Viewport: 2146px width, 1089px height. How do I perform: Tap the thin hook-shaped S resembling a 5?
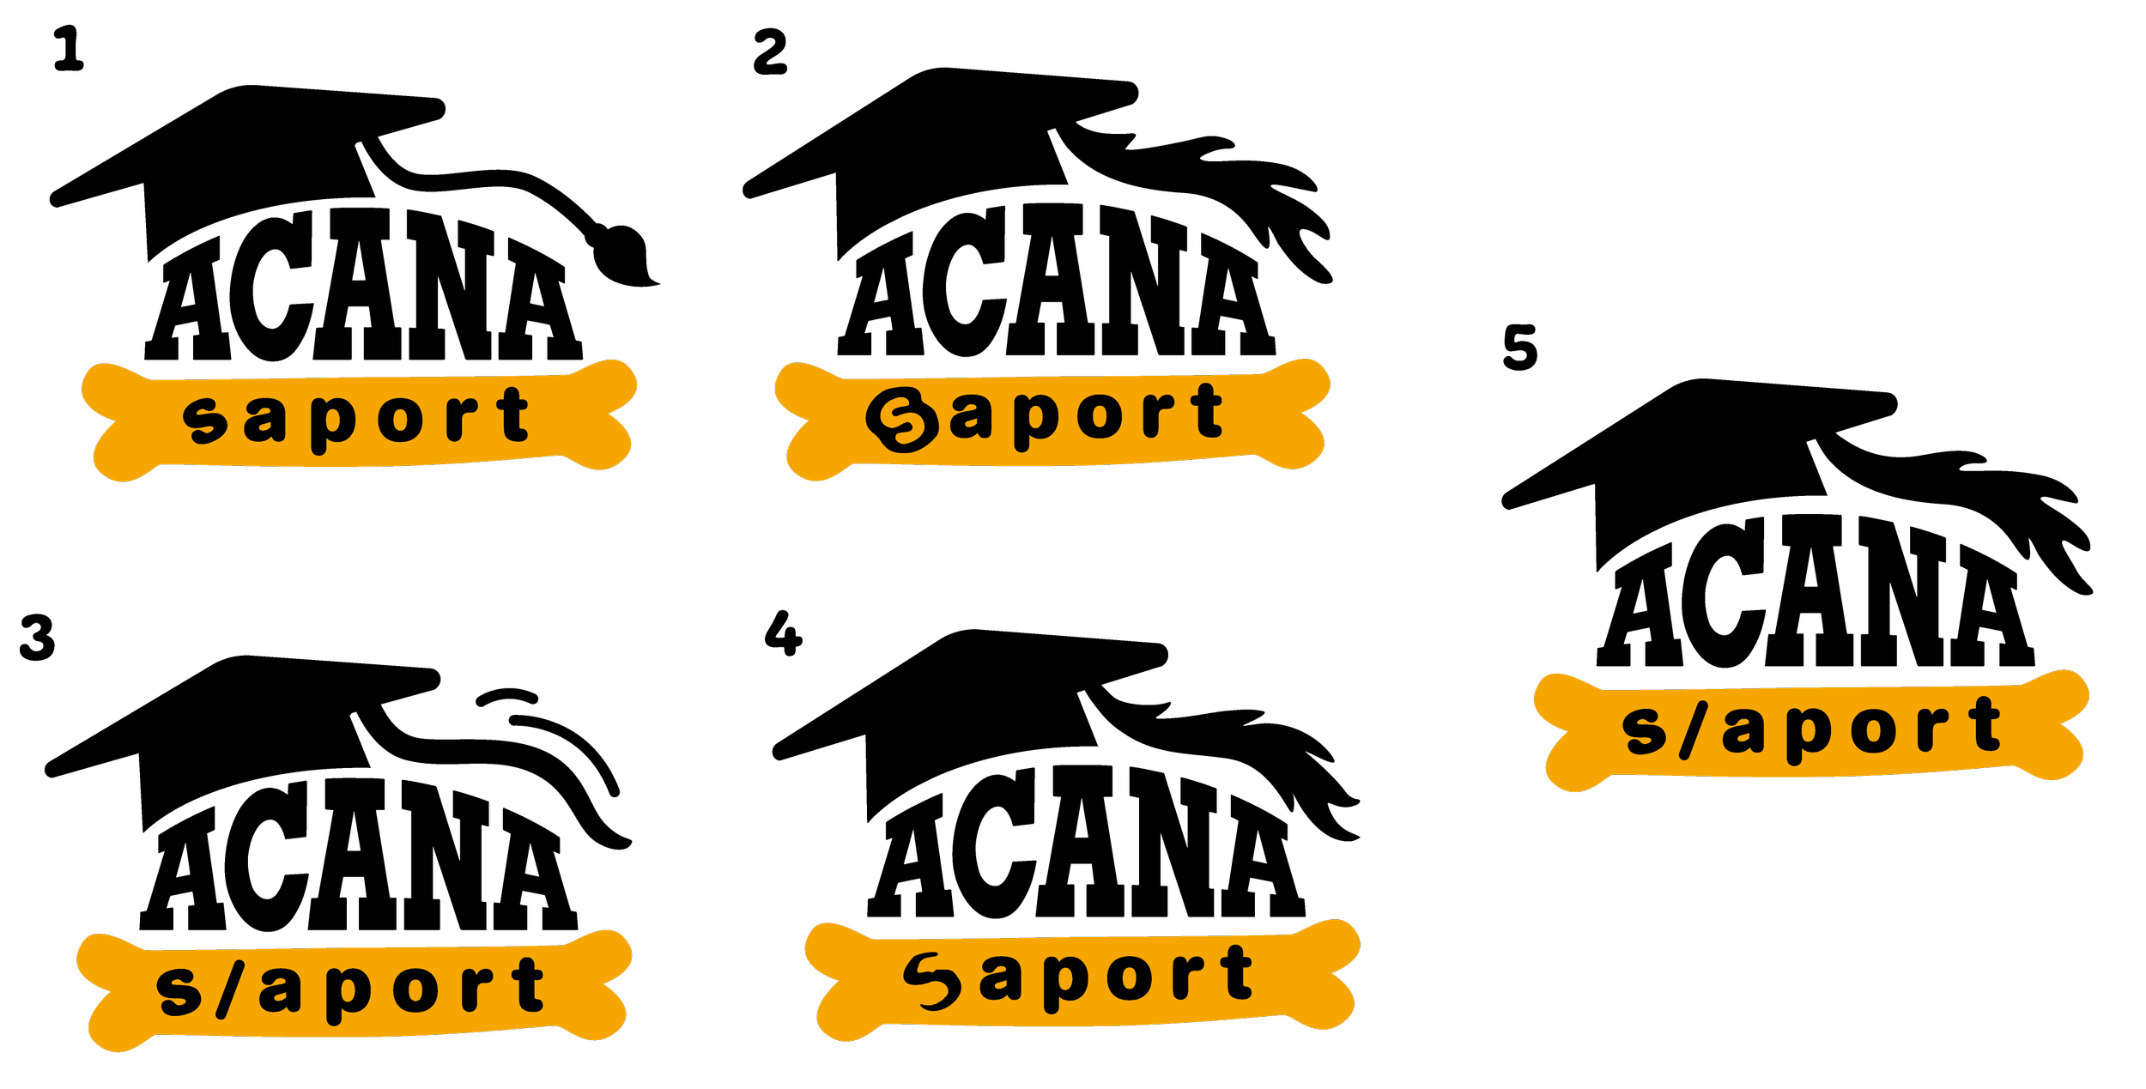click(931, 980)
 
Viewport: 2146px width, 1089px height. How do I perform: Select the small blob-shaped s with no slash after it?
click(205, 420)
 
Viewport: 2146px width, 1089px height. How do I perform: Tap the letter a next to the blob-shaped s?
click(263, 420)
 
